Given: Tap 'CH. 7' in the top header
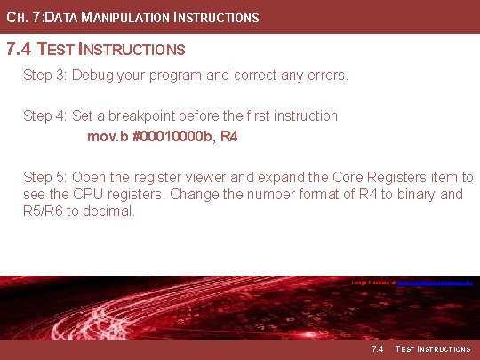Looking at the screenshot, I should pos(20,17).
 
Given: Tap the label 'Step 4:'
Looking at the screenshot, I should pos(45,116).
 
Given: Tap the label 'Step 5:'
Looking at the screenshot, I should pos(45,178).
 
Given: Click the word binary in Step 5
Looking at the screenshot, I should pos(413,195).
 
